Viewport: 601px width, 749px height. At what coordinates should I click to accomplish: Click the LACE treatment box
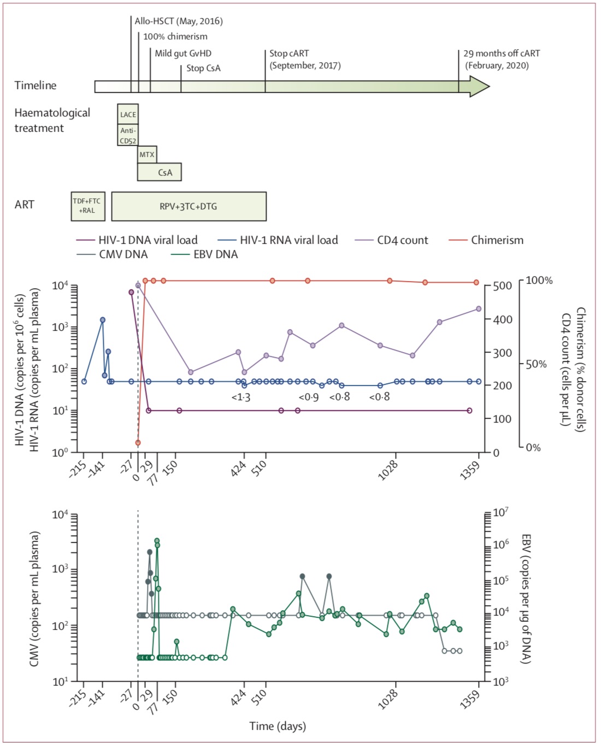(x=128, y=114)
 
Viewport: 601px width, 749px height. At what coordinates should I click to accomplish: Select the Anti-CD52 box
(x=128, y=135)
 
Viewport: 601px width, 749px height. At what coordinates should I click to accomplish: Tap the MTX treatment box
(x=146, y=155)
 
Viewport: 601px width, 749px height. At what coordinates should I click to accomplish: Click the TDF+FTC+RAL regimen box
(x=87, y=206)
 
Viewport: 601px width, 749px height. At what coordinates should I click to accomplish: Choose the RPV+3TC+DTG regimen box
(x=188, y=206)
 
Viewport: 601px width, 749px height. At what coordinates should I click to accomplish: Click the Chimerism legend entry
(x=497, y=240)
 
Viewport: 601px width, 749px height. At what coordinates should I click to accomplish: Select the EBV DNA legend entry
(x=215, y=254)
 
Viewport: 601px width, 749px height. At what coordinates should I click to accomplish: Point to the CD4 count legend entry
(x=402, y=240)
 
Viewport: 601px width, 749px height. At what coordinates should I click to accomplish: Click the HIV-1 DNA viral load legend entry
(x=148, y=240)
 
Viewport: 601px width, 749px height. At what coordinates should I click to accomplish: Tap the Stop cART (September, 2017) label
(x=304, y=59)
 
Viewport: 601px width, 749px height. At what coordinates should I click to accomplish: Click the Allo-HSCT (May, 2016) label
(x=179, y=21)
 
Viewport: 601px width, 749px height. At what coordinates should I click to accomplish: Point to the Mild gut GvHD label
(x=183, y=53)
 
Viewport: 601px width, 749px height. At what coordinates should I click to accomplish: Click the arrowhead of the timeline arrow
(x=479, y=86)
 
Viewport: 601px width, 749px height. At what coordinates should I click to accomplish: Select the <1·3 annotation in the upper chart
(x=240, y=397)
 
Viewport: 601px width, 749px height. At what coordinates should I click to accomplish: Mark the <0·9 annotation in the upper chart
(x=309, y=397)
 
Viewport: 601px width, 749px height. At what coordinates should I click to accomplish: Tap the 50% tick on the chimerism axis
(x=536, y=364)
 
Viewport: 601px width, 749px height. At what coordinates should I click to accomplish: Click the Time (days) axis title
(x=278, y=726)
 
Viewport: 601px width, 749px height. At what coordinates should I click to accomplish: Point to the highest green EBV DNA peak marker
(x=157, y=541)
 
